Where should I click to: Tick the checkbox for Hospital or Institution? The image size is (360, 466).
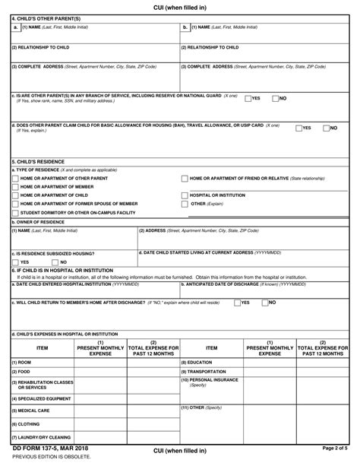tap(185, 195)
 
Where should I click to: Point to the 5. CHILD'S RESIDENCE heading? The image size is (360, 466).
tap(36, 162)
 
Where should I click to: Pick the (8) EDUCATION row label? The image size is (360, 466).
tap(197, 363)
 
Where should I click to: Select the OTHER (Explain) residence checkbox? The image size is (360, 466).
tap(185, 204)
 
